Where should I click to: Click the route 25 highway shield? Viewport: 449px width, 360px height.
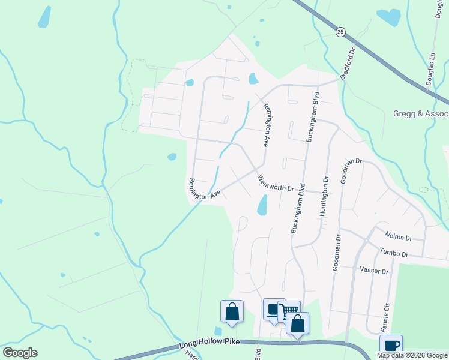(x=340, y=32)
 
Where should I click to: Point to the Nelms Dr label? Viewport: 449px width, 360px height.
(x=400, y=236)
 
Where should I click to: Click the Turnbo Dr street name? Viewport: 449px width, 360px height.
(x=393, y=253)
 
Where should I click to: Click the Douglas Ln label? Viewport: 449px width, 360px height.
(x=432, y=67)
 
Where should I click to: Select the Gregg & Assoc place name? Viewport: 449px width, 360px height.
(x=421, y=113)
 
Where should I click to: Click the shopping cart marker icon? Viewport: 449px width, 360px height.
(x=291, y=310)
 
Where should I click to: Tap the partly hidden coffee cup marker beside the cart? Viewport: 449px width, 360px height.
(x=272, y=309)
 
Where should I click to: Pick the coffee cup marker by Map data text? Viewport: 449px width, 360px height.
(x=391, y=345)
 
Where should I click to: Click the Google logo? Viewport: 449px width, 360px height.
(x=20, y=353)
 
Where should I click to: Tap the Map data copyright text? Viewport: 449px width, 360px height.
(x=412, y=355)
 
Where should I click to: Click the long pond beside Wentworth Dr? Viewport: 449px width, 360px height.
(x=262, y=205)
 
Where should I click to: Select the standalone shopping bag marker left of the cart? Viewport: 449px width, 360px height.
(x=232, y=311)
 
